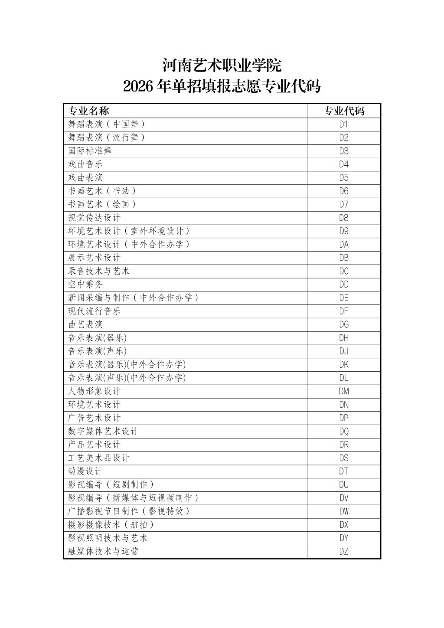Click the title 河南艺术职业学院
tap(222, 65)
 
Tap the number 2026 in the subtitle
tap(138, 86)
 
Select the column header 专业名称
tap(88, 111)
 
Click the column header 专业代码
tap(344, 111)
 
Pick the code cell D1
tap(344, 124)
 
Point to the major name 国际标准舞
tap(90, 151)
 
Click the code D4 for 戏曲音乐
tap(344, 164)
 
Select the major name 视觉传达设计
tap(94, 218)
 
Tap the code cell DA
tap(344, 245)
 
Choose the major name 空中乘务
tap(85, 285)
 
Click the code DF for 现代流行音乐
tap(344, 311)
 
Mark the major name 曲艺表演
tap(85, 324)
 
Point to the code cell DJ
tap(344, 351)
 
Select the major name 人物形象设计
tap(94, 391)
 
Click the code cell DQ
tap(344, 432)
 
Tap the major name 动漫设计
tap(85, 471)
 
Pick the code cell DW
tap(344, 511)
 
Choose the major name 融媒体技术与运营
tap(103, 552)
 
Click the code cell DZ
tap(344, 552)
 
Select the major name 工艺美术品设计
tap(99, 458)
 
